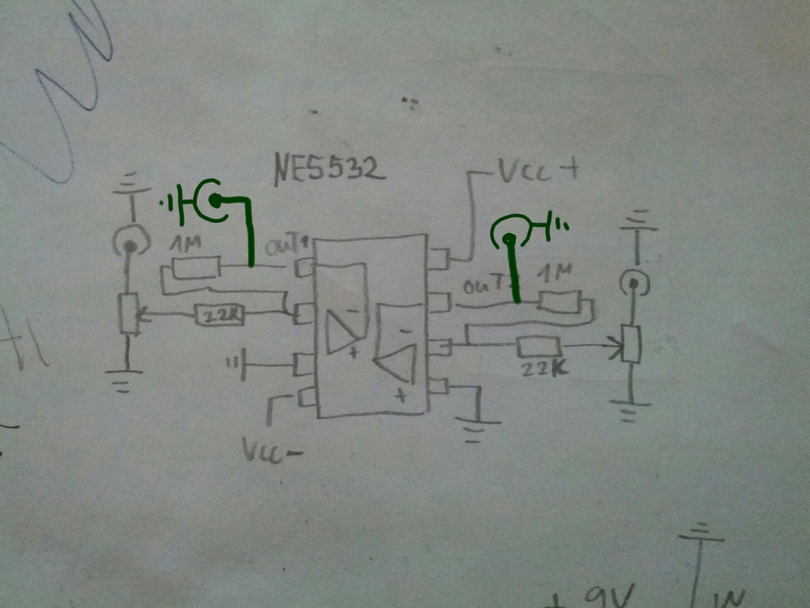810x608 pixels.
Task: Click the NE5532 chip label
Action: pos(329,170)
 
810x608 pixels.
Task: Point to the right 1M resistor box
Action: pos(559,301)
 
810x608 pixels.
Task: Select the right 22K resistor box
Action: pos(539,348)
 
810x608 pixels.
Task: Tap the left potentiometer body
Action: pos(130,313)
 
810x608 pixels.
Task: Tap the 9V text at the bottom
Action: pos(608,597)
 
